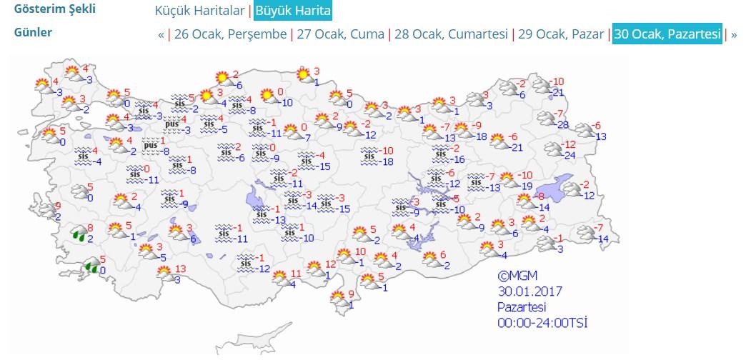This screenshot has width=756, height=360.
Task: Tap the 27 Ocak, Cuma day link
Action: click(340, 34)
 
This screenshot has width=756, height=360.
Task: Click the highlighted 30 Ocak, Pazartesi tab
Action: click(667, 34)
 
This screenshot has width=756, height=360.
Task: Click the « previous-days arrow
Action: click(161, 34)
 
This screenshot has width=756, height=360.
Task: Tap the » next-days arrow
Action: click(734, 34)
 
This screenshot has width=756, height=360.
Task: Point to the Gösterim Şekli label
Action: click(54, 9)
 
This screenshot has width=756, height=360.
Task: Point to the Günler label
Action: click(33, 32)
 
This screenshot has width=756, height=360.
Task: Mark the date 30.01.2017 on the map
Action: click(529, 291)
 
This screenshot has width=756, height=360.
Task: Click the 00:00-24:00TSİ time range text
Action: click(543, 323)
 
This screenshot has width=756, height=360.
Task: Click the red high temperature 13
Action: click(180, 269)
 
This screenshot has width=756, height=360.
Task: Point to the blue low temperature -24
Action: click(569, 155)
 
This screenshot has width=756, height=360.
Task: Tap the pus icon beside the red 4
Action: click(171, 124)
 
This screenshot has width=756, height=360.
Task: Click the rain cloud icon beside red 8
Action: click(76, 233)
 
